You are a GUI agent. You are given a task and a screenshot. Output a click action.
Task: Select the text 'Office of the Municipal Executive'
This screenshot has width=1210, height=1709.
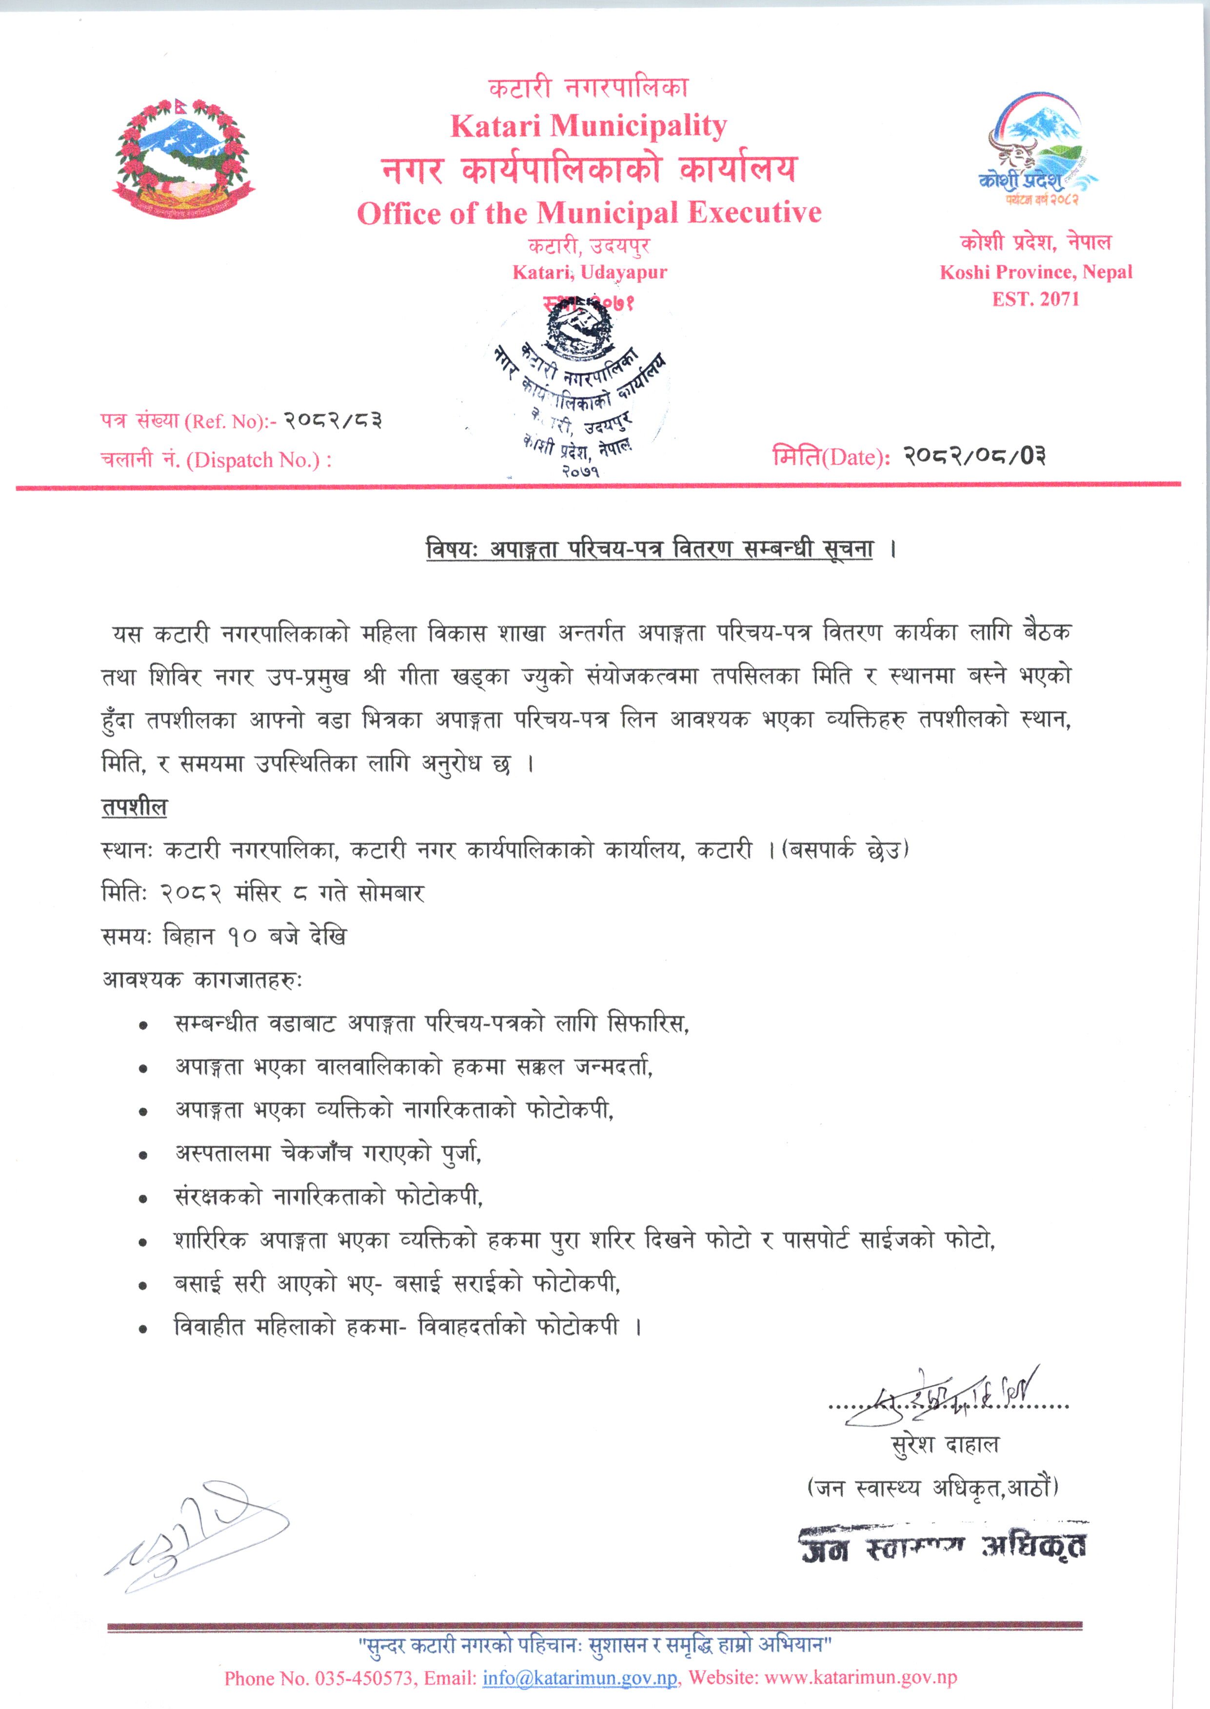click(x=589, y=214)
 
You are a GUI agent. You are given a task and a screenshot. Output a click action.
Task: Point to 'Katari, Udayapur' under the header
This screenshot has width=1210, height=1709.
click(x=589, y=272)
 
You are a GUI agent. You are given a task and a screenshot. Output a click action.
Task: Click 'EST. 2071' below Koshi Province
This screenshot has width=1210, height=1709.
click(x=1035, y=299)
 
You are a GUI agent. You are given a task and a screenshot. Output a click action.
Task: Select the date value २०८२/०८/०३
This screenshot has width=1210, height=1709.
click(x=974, y=456)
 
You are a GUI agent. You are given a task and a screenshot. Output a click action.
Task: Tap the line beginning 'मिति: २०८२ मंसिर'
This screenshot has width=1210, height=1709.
click(x=263, y=893)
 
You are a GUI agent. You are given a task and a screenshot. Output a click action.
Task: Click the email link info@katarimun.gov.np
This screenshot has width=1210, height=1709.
click(x=580, y=1678)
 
